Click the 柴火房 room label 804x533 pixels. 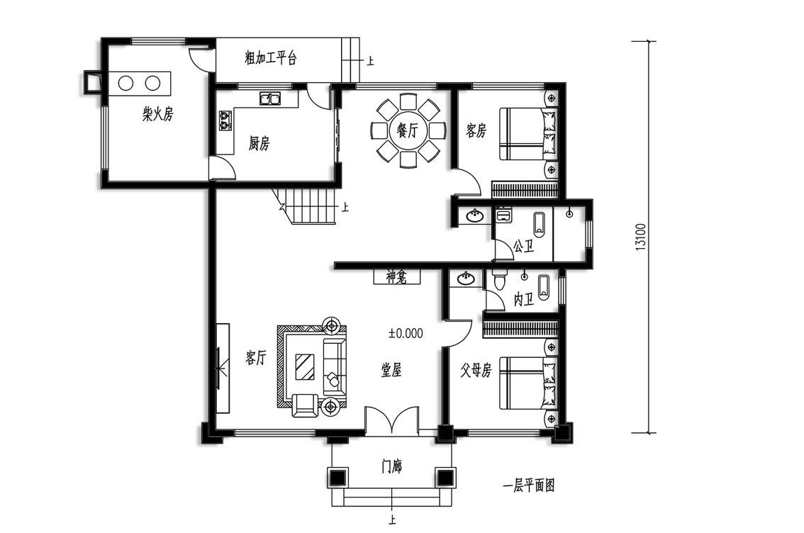(158, 114)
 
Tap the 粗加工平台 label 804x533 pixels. (271, 58)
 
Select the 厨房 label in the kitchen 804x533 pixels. (259, 143)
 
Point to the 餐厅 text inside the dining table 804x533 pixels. (408, 130)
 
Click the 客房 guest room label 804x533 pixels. (476, 130)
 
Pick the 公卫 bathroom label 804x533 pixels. (523, 247)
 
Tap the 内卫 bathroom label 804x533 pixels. (523, 299)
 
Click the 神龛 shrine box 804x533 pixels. (396, 277)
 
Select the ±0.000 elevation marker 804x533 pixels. (406, 334)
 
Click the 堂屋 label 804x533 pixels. (391, 370)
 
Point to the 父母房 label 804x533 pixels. (476, 370)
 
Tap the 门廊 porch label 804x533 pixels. (392, 466)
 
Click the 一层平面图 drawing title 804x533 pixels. (528, 486)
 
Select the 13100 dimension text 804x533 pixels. (640, 237)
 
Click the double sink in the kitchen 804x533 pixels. (270, 98)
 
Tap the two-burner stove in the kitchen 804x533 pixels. (225, 120)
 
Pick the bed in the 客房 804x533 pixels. (528, 133)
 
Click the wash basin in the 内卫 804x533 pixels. (466, 279)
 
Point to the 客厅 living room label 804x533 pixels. (255, 358)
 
